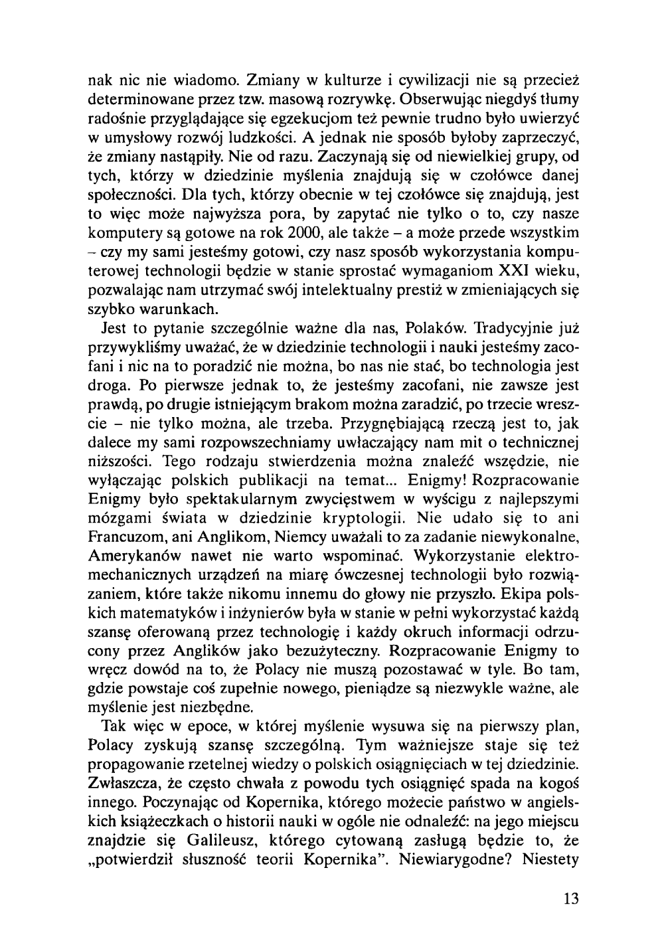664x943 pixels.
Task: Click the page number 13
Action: pyautogui.click(x=570, y=899)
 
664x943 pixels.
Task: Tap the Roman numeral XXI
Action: pyautogui.click(x=492, y=271)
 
